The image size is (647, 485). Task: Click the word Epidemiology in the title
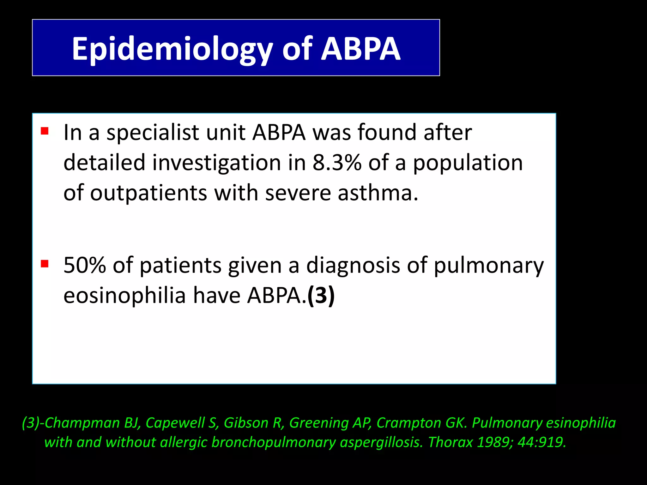172,49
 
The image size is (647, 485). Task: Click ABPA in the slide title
361,49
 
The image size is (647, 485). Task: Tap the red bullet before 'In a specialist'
45,131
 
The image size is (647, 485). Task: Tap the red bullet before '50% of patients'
45,263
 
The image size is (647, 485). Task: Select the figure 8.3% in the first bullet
337,163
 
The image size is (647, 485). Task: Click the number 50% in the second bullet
84,265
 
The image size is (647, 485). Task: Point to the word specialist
153,133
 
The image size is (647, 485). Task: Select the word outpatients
148,193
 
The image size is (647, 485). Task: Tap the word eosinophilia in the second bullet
124,296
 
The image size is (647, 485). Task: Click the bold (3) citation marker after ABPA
321,296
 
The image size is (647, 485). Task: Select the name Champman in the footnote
82,423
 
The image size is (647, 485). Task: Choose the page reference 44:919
541,442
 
